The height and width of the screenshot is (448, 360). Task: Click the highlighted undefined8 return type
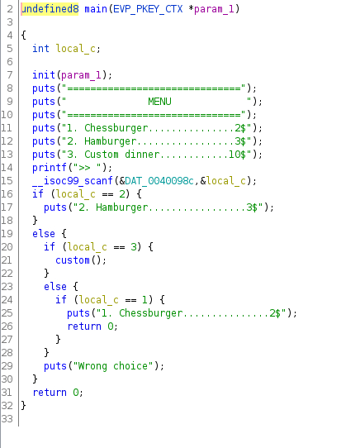point(50,9)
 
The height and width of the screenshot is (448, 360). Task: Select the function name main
point(96,9)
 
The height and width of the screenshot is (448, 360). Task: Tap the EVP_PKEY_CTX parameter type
point(148,9)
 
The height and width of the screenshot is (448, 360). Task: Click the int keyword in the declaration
point(40,48)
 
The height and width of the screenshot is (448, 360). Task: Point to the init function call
point(44,75)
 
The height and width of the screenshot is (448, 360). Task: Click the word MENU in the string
point(159,102)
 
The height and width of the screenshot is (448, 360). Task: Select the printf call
point(50,168)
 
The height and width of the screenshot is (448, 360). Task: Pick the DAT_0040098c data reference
point(159,180)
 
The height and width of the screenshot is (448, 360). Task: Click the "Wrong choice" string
point(113,366)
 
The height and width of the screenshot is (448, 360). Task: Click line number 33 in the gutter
point(7,419)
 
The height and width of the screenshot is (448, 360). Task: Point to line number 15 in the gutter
point(7,180)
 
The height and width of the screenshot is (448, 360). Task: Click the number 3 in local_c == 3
point(134,247)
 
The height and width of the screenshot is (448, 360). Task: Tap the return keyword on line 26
point(84,326)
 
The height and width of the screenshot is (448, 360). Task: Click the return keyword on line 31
point(50,393)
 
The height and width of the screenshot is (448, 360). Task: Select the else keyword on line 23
point(55,287)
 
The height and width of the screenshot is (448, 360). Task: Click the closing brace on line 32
point(23,405)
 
